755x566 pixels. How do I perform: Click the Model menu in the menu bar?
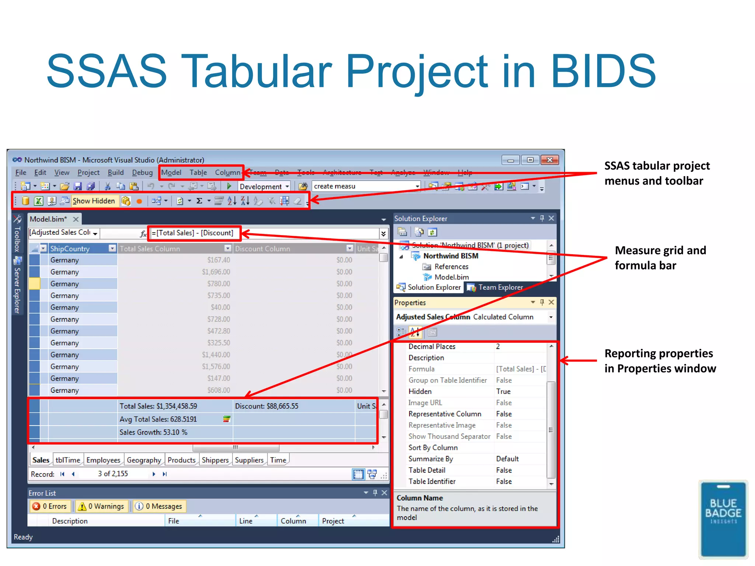coord(171,172)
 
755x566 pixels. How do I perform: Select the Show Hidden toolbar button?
coord(94,201)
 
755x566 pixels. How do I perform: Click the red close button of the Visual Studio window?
coord(549,160)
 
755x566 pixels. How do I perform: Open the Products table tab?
coord(181,460)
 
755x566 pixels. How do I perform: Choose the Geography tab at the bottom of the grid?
coord(144,460)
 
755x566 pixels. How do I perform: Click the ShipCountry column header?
coord(70,249)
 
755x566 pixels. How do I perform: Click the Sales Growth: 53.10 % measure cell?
coord(153,432)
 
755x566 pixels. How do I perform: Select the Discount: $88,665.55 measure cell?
coord(267,406)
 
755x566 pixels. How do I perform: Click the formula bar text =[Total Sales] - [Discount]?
coord(192,233)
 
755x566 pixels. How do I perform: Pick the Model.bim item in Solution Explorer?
coord(451,277)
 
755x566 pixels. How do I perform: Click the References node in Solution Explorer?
coord(451,266)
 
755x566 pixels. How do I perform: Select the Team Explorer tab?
coord(500,287)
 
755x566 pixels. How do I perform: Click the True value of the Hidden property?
coord(503,391)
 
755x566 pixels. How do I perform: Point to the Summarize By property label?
coord(431,459)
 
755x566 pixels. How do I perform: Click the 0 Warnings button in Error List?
coord(102,506)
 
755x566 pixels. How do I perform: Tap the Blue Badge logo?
coord(723,519)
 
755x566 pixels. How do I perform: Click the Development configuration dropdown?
coord(264,186)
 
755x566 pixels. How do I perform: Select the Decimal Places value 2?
coord(498,346)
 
